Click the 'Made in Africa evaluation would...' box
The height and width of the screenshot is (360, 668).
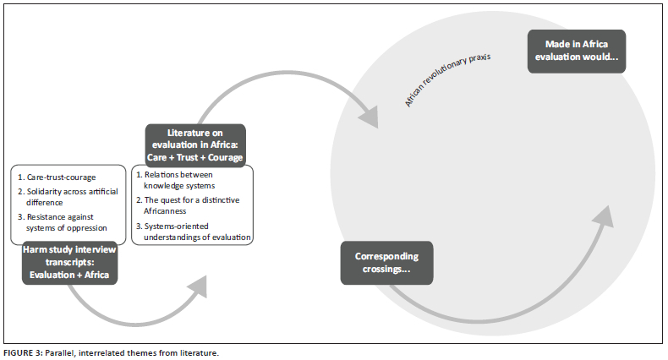576,52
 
